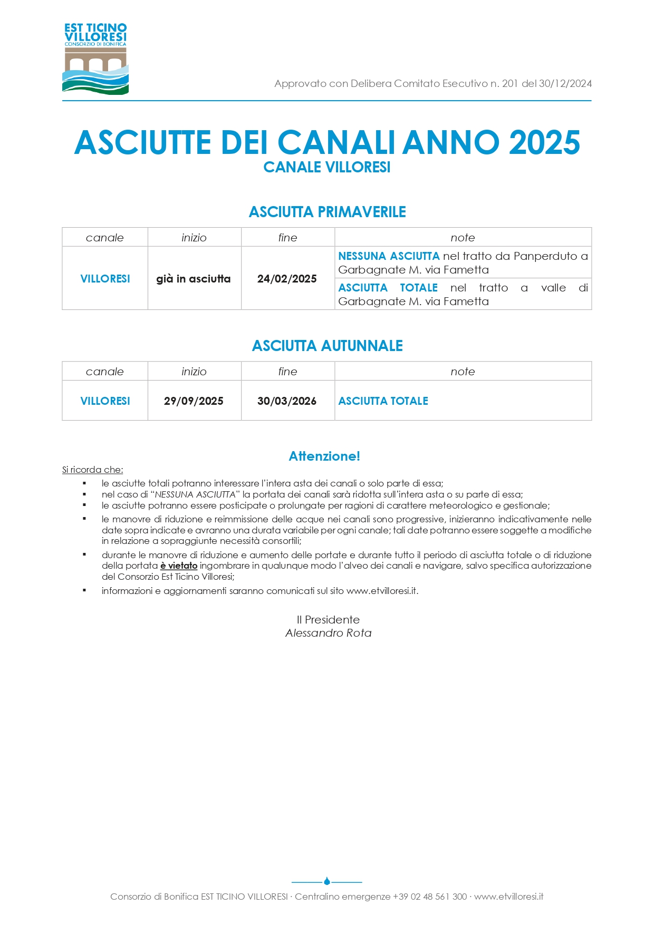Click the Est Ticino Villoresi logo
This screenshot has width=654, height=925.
coord(95,59)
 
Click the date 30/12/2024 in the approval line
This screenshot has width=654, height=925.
coord(565,83)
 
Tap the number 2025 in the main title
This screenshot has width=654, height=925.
coord(544,142)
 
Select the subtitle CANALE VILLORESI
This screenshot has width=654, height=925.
coord(327,167)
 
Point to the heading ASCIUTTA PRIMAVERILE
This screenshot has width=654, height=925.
coord(327,212)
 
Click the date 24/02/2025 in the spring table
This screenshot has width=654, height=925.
coord(287,279)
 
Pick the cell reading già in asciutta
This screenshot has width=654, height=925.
coord(194,279)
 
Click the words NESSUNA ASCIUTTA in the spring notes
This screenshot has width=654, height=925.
coord(389,256)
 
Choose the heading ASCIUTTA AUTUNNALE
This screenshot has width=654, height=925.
coord(327,346)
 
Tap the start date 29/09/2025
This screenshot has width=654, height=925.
coord(194,401)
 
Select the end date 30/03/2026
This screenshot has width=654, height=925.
coord(287,401)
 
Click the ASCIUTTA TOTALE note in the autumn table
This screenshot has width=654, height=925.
coord(383,401)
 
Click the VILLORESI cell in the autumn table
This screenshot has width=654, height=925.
coord(105,401)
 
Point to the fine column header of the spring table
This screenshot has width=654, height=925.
coord(287,238)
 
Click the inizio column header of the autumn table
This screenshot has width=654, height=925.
coord(194,372)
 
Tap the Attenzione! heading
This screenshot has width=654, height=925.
coord(324,456)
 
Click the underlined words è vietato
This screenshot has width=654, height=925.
coord(179,566)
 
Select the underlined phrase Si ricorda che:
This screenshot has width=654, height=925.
coord(92,470)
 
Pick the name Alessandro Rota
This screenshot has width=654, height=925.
coord(328,633)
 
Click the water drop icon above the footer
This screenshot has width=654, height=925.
coord(327,881)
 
